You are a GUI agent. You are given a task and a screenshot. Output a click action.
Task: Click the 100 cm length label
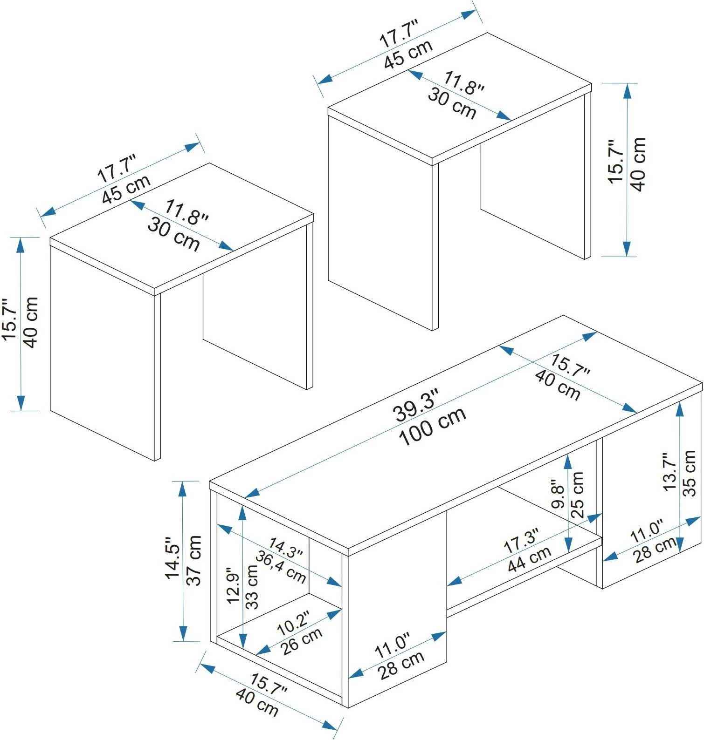(x=433, y=426)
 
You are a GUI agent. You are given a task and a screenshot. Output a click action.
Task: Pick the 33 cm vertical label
(x=252, y=586)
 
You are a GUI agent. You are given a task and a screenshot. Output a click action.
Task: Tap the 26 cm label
(x=302, y=641)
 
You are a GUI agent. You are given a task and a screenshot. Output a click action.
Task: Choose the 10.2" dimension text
(x=293, y=624)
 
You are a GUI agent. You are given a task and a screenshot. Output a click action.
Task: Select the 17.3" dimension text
(x=521, y=541)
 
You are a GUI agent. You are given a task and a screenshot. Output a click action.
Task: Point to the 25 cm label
(x=577, y=495)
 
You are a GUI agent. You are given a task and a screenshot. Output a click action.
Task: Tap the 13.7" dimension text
(x=669, y=472)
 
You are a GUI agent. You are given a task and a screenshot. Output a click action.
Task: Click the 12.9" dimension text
(x=233, y=585)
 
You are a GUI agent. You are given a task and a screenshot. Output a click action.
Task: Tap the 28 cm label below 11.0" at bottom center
(x=401, y=665)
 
